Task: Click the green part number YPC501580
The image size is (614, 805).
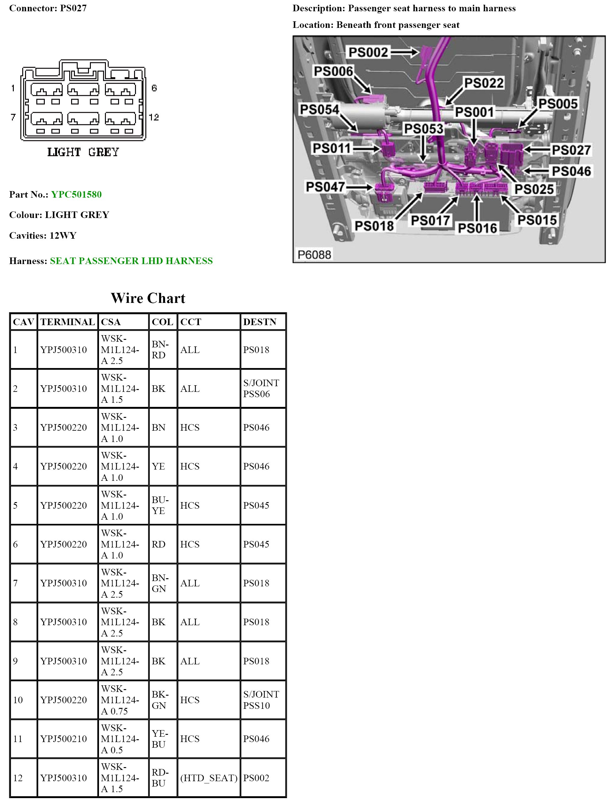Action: click(x=76, y=195)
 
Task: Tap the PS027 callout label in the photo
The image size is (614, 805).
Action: click(x=571, y=150)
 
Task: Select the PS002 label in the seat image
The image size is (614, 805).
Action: click(x=368, y=52)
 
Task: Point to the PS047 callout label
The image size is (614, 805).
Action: click(x=325, y=187)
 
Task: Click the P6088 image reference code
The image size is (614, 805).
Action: click(x=314, y=254)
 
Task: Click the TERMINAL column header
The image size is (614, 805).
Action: click(x=67, y=322)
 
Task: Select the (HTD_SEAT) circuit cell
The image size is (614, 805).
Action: click(x=209, y=778)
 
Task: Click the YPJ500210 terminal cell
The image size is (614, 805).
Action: click(x=64, y=739)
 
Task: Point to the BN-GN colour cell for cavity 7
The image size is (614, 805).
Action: click(x=159, y=583)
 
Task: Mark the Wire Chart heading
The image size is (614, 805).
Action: click(x=148, y=298)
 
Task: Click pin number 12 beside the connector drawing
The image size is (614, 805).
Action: click(x=154, y=117)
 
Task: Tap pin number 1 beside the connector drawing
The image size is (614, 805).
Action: click(x=13, y=88)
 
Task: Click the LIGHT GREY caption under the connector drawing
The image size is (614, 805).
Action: click(x=83, y=152)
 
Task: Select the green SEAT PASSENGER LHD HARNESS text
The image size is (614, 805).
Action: click(x=131, y=261)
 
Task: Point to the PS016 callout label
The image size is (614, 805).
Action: click(x=477, y=228)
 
